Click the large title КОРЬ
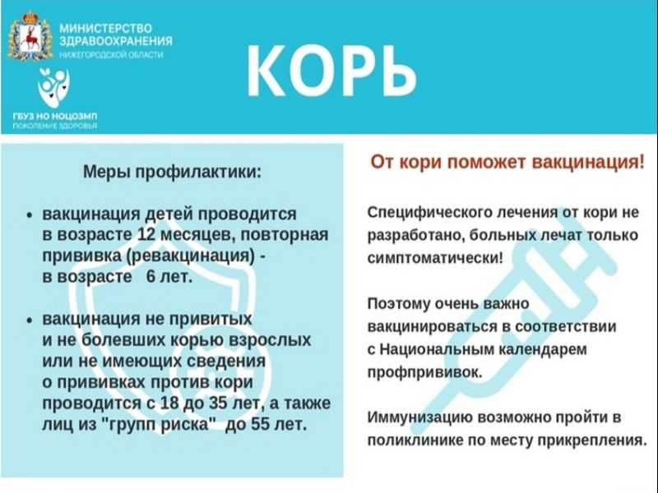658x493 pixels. click(x=331, y=71)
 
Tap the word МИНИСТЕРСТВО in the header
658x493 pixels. click(x=106, y=29)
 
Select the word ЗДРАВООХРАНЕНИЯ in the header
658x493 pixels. click(x=116, y=41)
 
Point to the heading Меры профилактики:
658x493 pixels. click(x=172, y=172)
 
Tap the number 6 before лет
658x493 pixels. click(x=151, y=277)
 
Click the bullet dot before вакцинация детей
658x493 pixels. click(x=30, y=215)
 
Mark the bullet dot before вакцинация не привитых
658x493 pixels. click(x=30, y=320)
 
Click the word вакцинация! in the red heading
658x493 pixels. click(x=588, y=162)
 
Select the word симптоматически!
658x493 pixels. click(x=435, y=258)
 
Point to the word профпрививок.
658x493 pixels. click(x=425, y=372)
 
